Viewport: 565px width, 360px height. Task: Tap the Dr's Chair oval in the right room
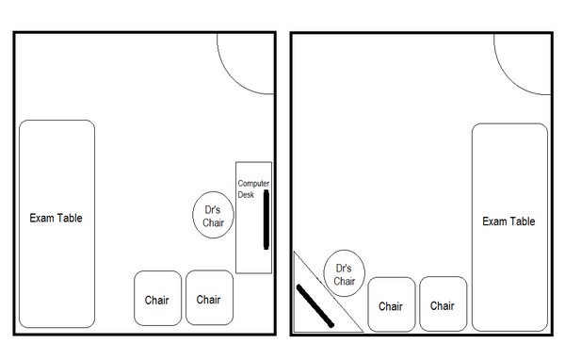point(345,273)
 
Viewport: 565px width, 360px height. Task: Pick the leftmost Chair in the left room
point(157,299)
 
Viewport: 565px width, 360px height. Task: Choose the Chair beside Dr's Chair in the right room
point(392,304)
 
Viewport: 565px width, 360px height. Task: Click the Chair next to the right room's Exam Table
point(443,304)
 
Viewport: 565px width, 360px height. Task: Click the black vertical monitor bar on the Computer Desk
point(267,219)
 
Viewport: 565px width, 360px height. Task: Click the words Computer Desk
point(251,188)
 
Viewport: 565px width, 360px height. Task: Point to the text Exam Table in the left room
point(56,218)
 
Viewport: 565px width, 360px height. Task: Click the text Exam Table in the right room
point(508,221)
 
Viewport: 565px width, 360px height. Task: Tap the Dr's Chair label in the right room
point(345,274)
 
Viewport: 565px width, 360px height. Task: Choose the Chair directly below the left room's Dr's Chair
point(208,299)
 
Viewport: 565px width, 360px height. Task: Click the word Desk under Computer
point(248,195)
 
